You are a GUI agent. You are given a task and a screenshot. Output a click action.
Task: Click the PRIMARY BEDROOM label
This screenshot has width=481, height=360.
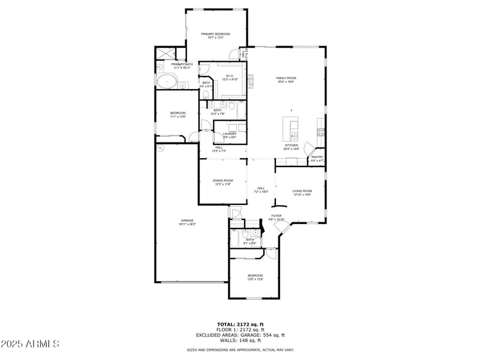(x=215, y=34)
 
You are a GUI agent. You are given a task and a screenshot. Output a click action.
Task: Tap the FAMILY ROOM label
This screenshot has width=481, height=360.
(x=286, y=78)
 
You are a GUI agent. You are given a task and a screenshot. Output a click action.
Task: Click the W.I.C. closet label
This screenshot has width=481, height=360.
(x=230, y=76)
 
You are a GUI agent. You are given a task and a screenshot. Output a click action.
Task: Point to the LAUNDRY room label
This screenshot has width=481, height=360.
(x=230, y=134)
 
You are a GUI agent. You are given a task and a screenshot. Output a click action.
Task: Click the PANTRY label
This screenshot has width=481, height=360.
(x=317, y=157)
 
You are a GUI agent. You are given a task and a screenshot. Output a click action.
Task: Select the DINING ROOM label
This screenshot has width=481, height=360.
(x=222, y=180)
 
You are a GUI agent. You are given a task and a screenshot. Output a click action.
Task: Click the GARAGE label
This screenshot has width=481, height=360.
(x=187, y=221)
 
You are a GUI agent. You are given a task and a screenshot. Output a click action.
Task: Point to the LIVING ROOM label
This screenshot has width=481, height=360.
(x=302, y=191)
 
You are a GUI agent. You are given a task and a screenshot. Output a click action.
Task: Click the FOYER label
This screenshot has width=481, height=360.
(x=277, y=216)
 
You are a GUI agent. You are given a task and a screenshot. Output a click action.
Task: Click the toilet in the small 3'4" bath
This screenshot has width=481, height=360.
(x=206, y=94)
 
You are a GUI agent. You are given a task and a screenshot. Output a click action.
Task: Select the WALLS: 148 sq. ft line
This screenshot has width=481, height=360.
(x=240, y=340)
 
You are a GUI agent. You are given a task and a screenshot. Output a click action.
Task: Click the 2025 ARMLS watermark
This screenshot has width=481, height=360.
(x=30, y=344)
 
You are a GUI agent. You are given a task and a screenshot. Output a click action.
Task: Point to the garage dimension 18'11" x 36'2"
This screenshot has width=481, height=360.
(x=187, y=224)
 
